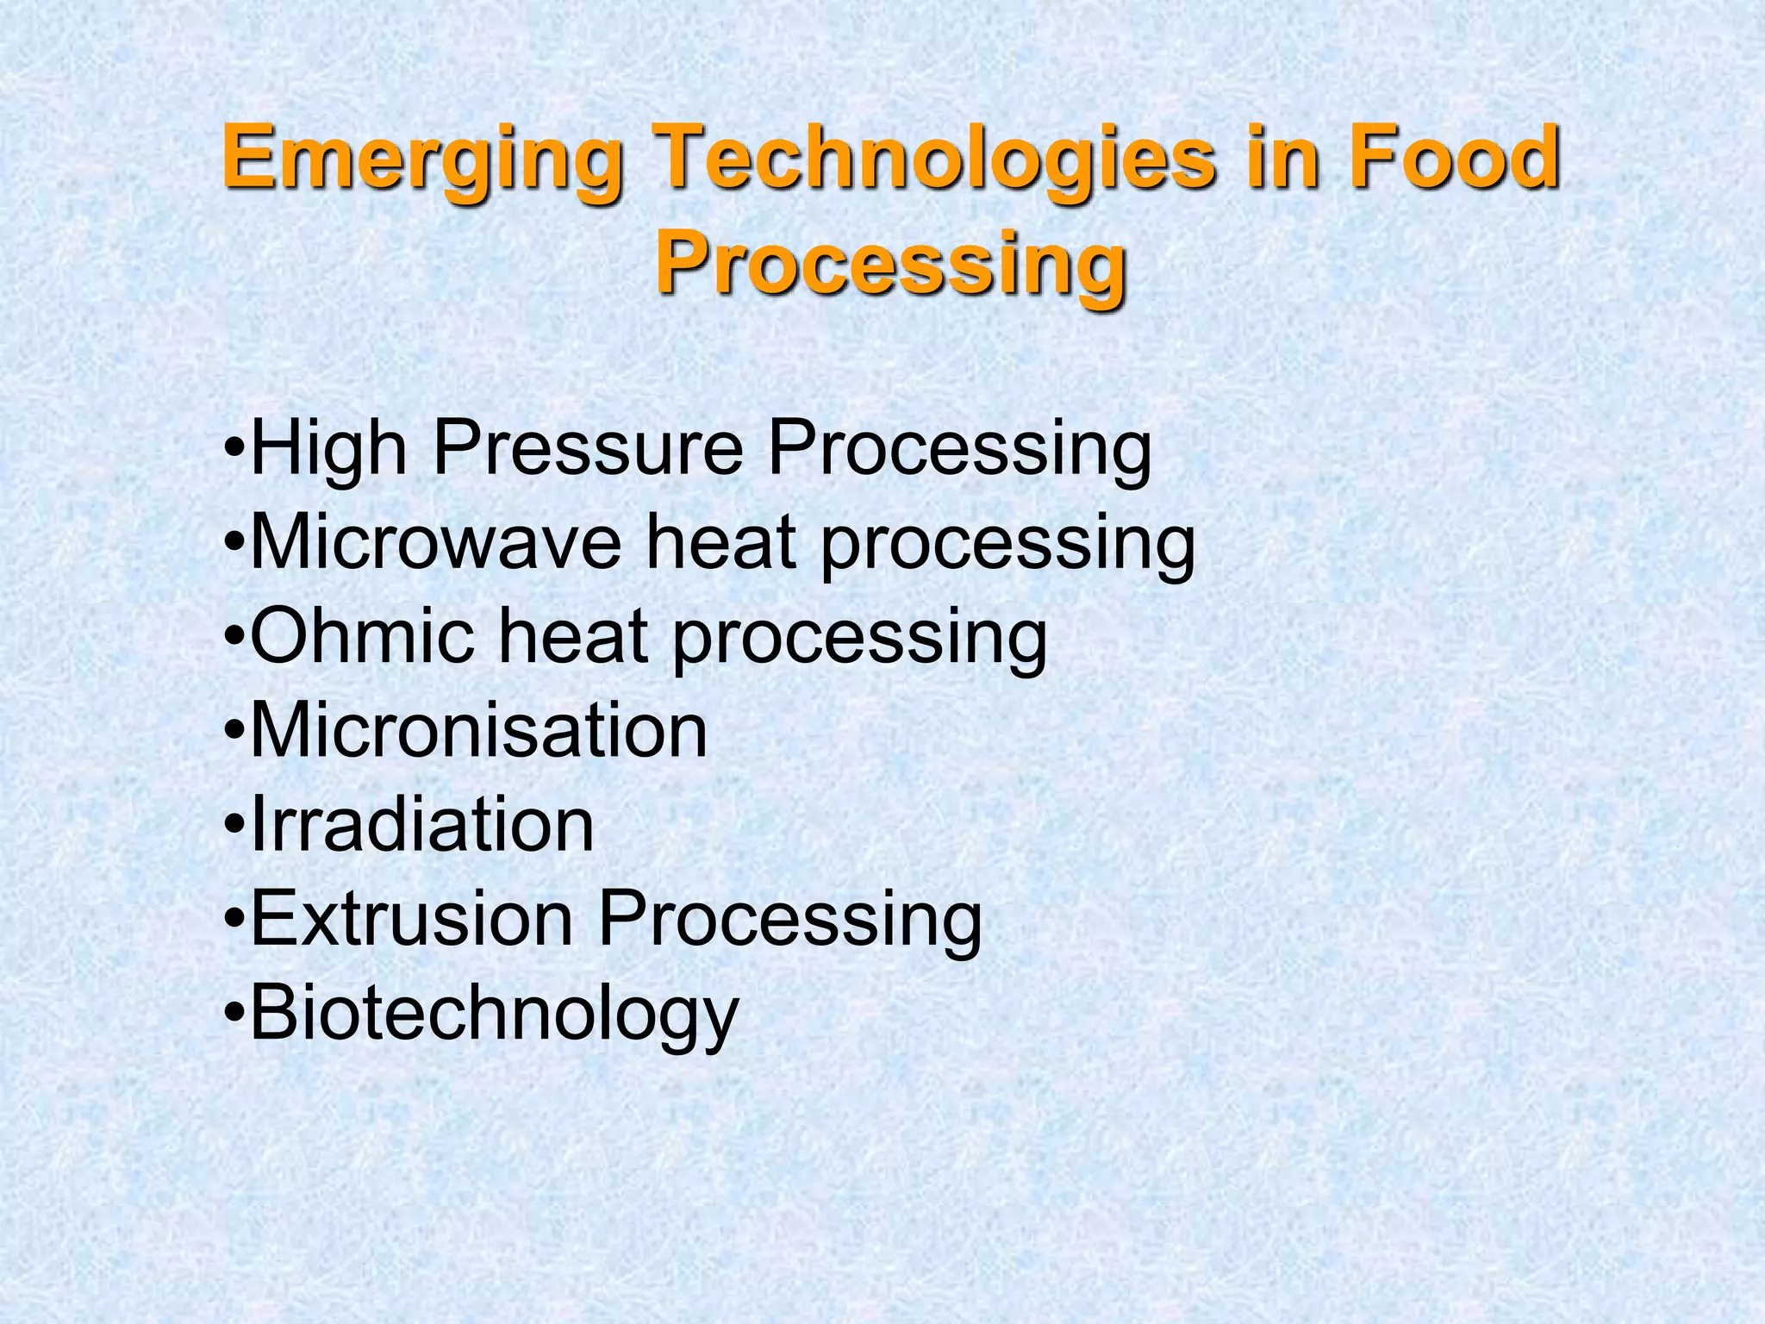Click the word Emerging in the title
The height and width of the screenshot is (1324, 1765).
(x=422, y=159)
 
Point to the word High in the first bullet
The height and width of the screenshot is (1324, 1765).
(x=327, y=448)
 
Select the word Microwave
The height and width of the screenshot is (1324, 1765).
(x=435, y=543)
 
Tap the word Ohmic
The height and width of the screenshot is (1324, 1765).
(x=362, y=638)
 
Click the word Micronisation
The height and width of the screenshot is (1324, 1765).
(x=478, y=731)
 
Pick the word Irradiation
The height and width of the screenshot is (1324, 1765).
(x=422, y=825)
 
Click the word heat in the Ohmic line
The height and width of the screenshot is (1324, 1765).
(x=573, y=638)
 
